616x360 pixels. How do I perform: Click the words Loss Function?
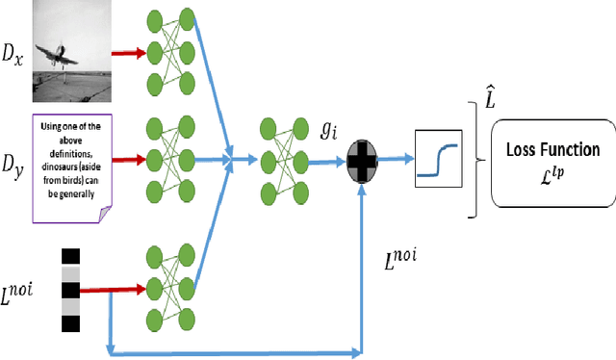[552, 149]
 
